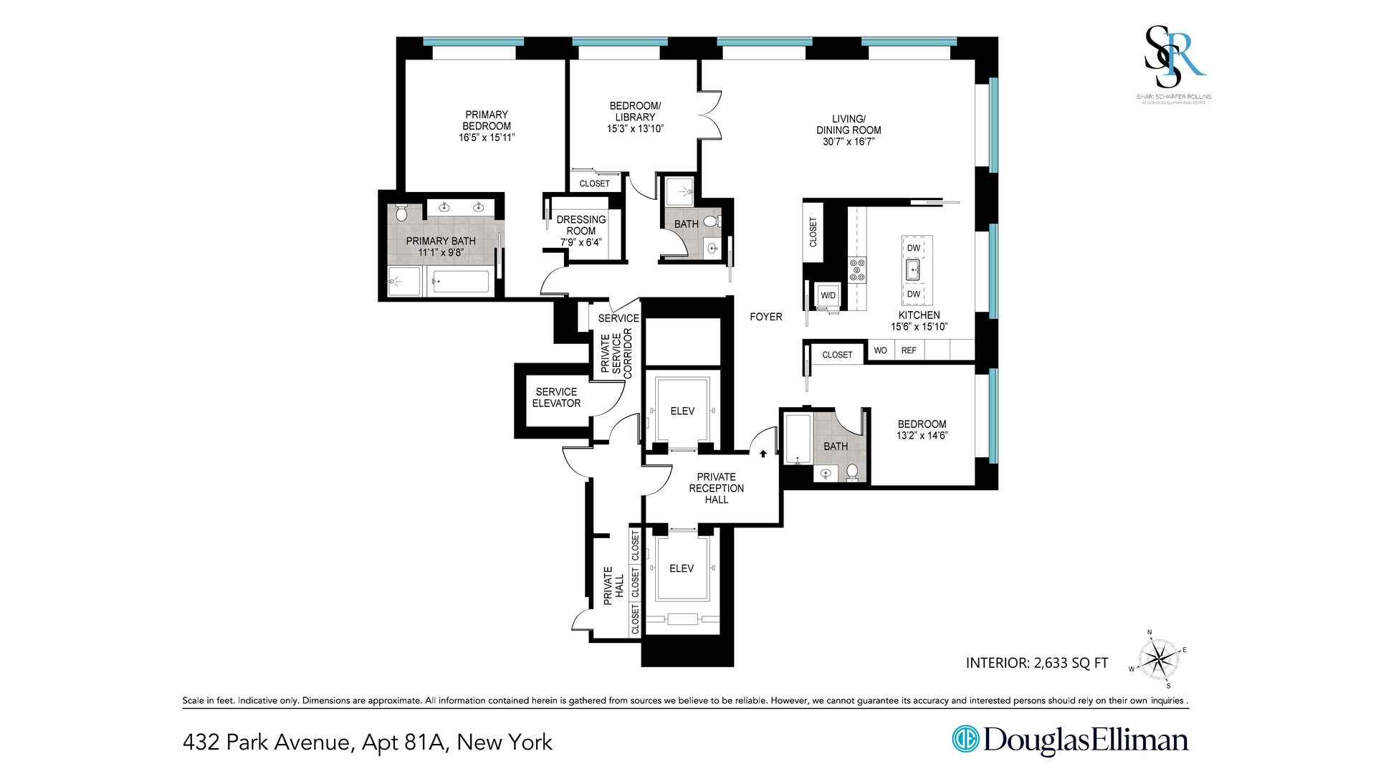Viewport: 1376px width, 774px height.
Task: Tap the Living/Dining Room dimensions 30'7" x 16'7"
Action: click(x=849, y=142)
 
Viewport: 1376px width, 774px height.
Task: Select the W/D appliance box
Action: click(x=828, y=295)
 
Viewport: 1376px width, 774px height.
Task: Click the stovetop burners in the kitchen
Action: click(x=857, y=270)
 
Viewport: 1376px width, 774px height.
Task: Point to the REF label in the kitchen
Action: click(x=909, y=350)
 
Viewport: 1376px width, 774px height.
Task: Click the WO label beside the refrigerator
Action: click(x=880, y=350)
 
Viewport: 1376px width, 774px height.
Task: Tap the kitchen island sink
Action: click(x=913, y=270)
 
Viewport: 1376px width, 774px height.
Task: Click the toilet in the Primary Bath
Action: click(x=401, y=213)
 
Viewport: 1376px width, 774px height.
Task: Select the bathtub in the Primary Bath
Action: click(x=460, y=282)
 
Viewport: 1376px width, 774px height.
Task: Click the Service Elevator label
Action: click(x=556, y=398)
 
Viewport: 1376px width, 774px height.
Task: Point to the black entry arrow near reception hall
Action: click(x=763, y=454)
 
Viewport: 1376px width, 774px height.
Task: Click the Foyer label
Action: click(x=765, y=317)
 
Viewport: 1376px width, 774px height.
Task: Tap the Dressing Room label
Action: click(x=581, y=225)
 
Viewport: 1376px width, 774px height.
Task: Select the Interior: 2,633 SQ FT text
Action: click(x=1036, y=663)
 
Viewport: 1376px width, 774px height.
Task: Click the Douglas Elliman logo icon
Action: click(x=965, y=740)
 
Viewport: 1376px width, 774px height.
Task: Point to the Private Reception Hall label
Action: click(x=716, y=488)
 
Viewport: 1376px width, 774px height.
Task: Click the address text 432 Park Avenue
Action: click(x=267, y=742)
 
